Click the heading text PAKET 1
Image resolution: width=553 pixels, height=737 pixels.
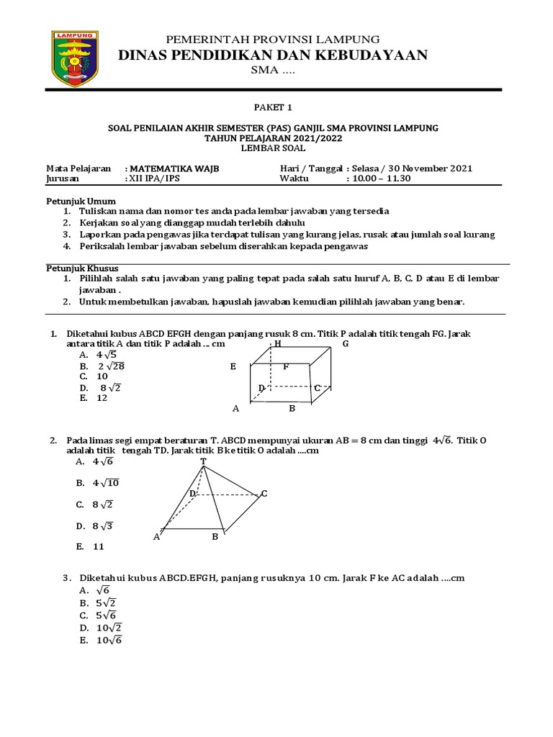coord(276,107)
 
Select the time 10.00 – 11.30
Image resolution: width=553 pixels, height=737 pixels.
coord(381,178)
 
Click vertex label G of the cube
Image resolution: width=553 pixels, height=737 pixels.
coord(345,344)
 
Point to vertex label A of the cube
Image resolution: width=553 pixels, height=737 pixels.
coord(235,409)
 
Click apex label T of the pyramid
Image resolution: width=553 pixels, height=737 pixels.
coord(203,461)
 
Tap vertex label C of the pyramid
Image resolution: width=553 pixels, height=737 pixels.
coord(264,493)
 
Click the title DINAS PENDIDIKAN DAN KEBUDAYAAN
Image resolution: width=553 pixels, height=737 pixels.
coord(277,55)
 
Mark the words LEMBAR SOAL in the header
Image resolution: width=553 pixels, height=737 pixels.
coord(276,148)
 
